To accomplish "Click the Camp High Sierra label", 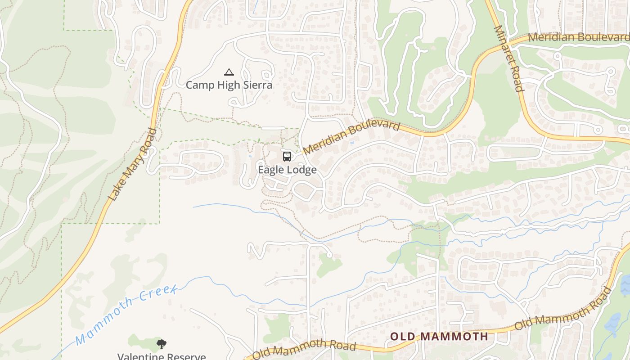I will click(229, 85).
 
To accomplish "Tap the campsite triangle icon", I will click(229, 72).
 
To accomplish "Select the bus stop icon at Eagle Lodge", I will click(287, 156).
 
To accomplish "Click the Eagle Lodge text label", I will click(287, 170).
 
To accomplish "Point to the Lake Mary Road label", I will click(132, 164).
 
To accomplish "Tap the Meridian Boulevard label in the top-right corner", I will click(578, 37).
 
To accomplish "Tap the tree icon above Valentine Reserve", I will click(162, 344).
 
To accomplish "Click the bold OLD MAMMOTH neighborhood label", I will click(439, 336).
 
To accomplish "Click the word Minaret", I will click(503, 45).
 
